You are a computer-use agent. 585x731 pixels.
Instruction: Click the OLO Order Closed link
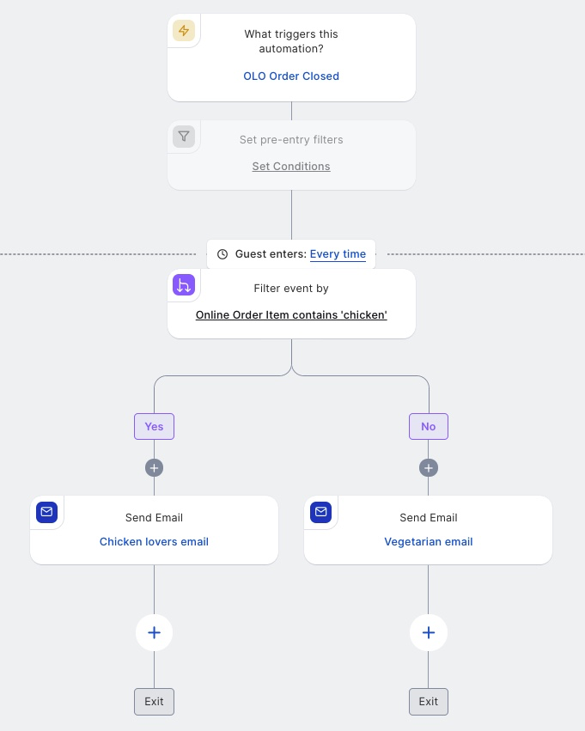click(291, 76)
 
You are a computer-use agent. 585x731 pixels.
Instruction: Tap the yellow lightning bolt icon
click(184, 31)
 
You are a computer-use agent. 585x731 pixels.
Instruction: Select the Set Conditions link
click(291, 167)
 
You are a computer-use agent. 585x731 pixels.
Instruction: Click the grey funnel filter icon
click(184, 137)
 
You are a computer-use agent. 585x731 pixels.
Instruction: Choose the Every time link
click(338, 254)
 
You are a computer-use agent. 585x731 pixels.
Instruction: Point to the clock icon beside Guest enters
click(222, 254)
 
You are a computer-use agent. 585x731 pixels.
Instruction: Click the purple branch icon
click(184, 285)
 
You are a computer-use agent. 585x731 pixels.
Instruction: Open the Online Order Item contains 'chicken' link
click(291, 314)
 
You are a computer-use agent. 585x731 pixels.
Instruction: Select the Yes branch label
click(155, 427)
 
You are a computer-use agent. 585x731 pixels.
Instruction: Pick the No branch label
click(429, 427)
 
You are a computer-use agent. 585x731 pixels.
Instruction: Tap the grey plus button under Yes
click(155, 467)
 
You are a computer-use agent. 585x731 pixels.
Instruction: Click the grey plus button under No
click(429, 467)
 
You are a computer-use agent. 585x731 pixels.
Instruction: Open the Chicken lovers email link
click(155, 542)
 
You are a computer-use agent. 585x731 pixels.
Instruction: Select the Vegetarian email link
click(429, 542)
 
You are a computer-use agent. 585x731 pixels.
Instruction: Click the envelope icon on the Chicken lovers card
click(46, 512)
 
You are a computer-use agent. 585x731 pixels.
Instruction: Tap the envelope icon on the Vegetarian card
click(320, 512)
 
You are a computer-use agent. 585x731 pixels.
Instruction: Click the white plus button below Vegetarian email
click(429, 632)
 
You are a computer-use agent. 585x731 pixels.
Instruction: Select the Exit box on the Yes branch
click(155, 702)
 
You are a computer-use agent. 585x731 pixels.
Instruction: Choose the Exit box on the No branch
click(429, 702)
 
